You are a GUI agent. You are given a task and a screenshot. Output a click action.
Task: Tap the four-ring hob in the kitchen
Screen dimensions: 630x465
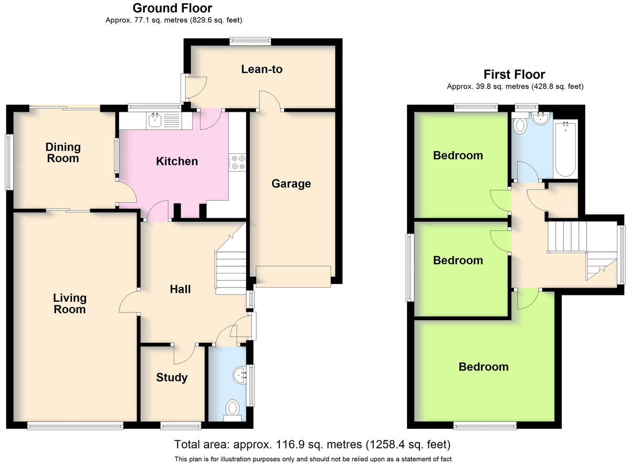[237, 163]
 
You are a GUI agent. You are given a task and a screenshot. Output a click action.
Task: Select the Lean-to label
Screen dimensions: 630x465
[262, 69]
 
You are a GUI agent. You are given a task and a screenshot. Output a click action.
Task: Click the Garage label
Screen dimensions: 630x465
[291, 184]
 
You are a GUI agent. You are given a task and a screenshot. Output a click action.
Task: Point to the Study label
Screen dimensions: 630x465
[172, 377]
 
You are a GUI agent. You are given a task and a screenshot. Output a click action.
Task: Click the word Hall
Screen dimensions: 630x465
[180, 289]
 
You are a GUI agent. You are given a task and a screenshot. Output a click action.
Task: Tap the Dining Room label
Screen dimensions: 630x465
[63, 153]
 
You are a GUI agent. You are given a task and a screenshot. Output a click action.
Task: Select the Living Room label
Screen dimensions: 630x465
[70, 304]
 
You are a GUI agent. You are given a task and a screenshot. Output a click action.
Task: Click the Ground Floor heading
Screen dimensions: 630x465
[172, 8]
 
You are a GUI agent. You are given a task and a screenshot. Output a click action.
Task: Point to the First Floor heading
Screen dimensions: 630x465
[514, 75]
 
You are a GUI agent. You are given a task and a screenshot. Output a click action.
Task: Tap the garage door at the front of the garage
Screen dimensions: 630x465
[293, 277]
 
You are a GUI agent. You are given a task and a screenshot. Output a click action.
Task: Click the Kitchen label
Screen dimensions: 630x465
[177, 161]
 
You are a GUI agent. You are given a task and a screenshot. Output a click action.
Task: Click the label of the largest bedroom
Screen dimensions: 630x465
[484, 367]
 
